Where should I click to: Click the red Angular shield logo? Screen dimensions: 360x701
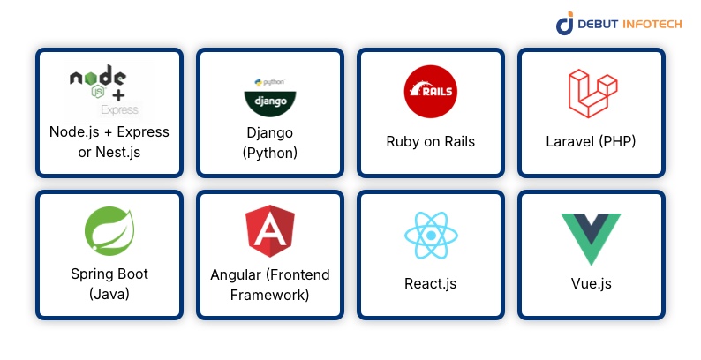tap(269, 230)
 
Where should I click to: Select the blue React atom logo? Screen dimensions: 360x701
tap(430, 235)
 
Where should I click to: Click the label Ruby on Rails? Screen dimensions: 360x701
tap(430, 141)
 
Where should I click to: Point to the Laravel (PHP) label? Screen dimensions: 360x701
tap(591, 141)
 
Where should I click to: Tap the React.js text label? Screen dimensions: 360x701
tap(430, 284)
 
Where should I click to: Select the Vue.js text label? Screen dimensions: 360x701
tap(591, 284)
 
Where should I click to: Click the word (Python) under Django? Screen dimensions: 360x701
tap(269, 152)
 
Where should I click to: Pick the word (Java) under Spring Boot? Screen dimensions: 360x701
tap(109, 295)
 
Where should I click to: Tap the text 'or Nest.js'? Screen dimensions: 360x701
tap(109, 152)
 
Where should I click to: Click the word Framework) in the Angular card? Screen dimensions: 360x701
tap(269, 295)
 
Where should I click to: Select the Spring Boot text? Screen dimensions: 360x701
tap(109, 274)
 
